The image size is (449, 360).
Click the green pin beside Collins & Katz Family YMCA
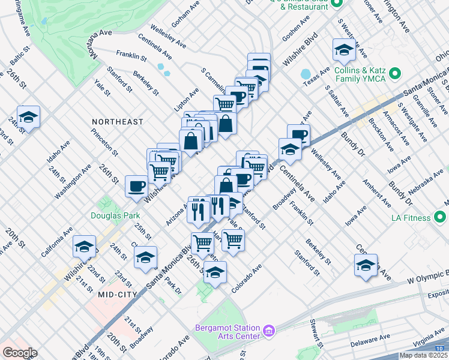point(394,74)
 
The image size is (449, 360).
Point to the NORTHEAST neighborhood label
point(118,122)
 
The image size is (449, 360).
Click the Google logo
point(20,353)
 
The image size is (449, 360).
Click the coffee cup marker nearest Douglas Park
point(136,185)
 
